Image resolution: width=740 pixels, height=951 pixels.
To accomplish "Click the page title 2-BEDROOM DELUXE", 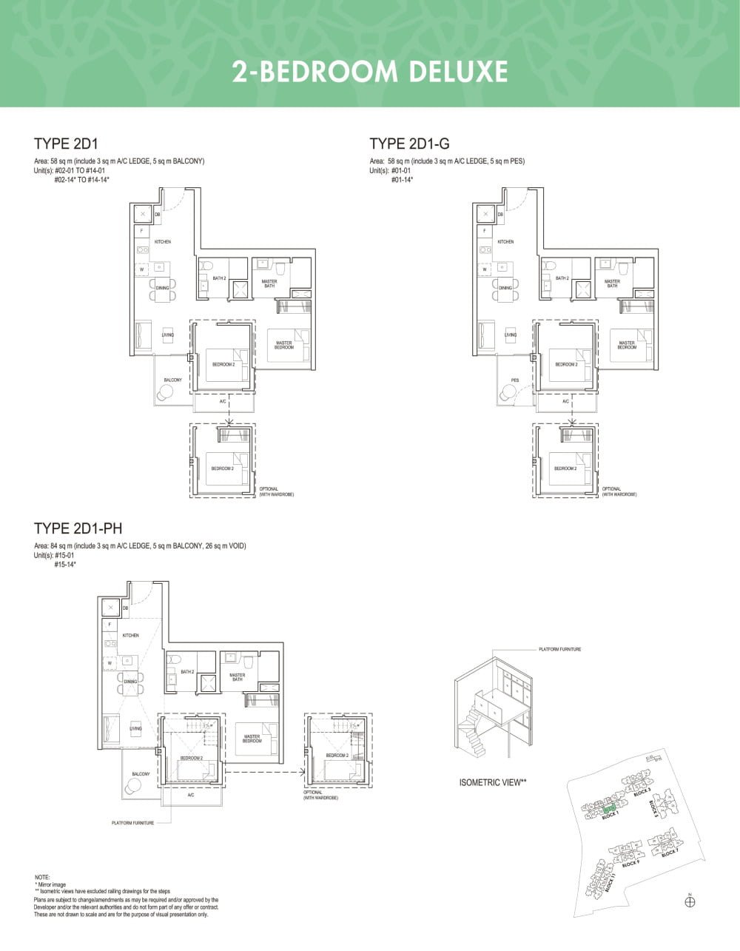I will click(370, 72).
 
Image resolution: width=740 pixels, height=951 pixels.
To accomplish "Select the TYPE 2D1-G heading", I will click(409, 144).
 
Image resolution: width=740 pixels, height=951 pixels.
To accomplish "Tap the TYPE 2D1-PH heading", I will click(78, 528).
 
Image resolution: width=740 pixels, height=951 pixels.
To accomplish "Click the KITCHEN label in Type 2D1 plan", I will click(163, 242).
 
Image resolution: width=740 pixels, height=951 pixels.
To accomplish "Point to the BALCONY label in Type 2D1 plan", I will click(172, 380).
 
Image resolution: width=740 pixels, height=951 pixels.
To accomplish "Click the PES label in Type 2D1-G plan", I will click(514, 380).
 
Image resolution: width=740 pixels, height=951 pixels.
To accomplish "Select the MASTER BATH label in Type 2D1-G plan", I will click(612, 283).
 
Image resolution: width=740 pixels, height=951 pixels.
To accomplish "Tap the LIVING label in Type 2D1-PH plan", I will click(135, 729).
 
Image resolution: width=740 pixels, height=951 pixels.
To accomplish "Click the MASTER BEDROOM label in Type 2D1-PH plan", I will click(252, 739).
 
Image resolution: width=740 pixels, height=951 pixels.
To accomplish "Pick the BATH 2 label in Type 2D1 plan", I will click(219, 278).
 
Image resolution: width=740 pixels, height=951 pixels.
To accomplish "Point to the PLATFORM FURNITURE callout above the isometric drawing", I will click(559, 649).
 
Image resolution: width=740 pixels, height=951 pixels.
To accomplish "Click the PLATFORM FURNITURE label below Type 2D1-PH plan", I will click(133, 823).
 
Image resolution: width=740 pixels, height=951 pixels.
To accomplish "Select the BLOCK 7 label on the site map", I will click(670, 853).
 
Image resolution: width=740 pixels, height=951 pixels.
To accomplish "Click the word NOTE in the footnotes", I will click(42, 877).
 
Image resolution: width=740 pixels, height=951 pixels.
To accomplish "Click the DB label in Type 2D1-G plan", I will click(500, 215).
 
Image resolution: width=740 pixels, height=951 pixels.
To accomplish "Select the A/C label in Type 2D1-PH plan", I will click(190, 795).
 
